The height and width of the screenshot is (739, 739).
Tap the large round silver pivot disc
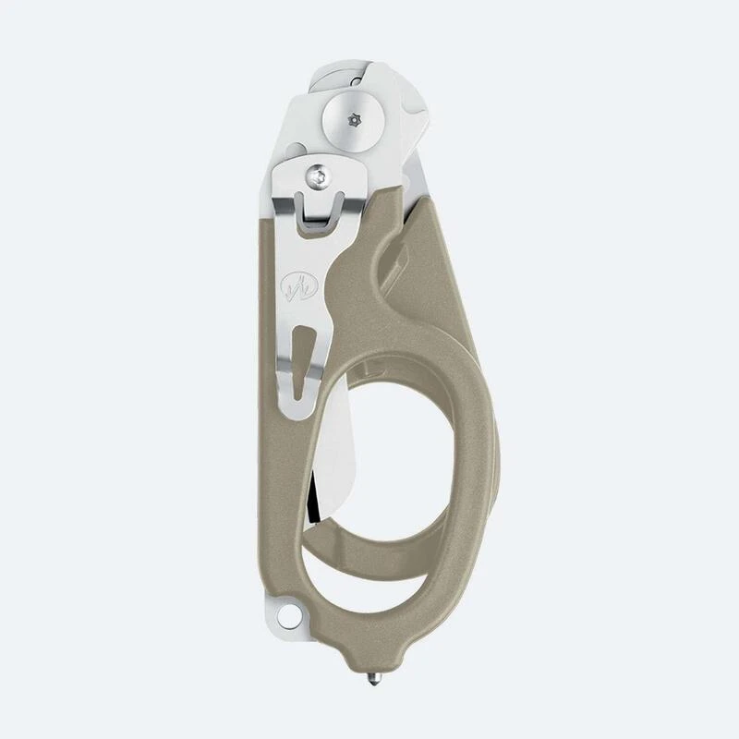350,120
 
